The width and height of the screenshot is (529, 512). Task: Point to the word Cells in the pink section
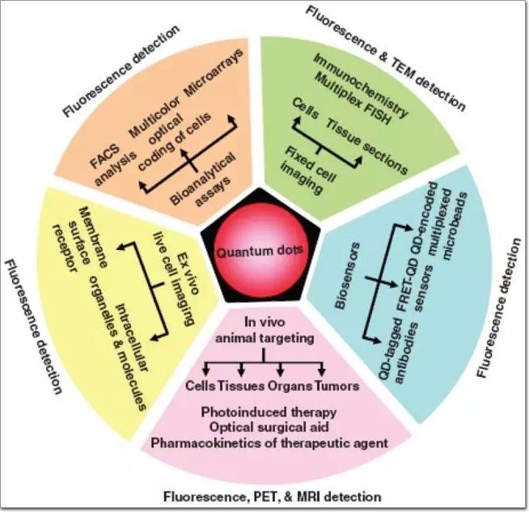pos(201,387)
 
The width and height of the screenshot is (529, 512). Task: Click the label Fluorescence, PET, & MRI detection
pos(272,495)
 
